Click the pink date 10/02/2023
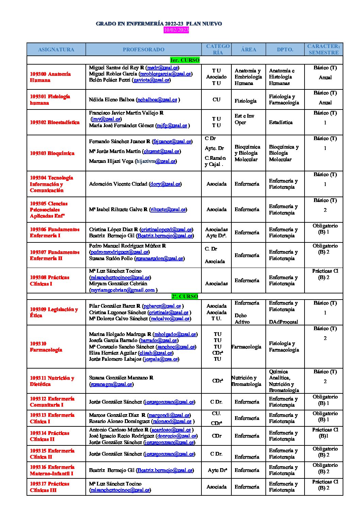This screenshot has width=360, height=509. pyautogui.click(x=176, y=30)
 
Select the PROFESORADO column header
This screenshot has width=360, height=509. pyautogui.click(x=143, y=49)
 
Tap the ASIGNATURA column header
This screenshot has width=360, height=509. pyautogui.click(x=56, y=49)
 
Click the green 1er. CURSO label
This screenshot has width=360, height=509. pyautogui.click(x=185, y=60)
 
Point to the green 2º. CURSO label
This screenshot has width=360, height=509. pyautogui.click(x=185, y=296)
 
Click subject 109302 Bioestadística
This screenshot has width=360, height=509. pyautogui.click(x=55, y=122)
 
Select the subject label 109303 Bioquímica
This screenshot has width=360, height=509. pyautogui.click(x=52, y=153)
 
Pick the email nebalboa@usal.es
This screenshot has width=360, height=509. pyautogui.click(x=157, y=100)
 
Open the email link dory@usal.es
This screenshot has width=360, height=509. pyautogui.click(x=165, y=184)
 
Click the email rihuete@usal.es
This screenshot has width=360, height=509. pyautogui.click(x=168, y=209)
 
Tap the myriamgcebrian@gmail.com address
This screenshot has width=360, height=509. pyautogui.click(x=122, y=290)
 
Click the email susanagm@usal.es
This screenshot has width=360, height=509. pyautogui.click(x=111, y=384)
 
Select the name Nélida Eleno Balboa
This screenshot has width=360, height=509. pyautogui.click(x=112, y=100)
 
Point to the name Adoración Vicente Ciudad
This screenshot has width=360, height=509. pyautogui.click(x=118, y=184)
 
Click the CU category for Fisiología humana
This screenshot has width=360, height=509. pyautogui.click(x=216, y=100)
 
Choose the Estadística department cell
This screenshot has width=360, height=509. pyautogui.click(x=281, y=122)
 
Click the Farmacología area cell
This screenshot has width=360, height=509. pyautogui.click(x=246, y=346)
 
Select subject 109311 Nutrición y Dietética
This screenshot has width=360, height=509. pyautogui.click(x=52, y=381)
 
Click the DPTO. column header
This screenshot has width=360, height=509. pyautogui.click(x=285, y=49)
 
